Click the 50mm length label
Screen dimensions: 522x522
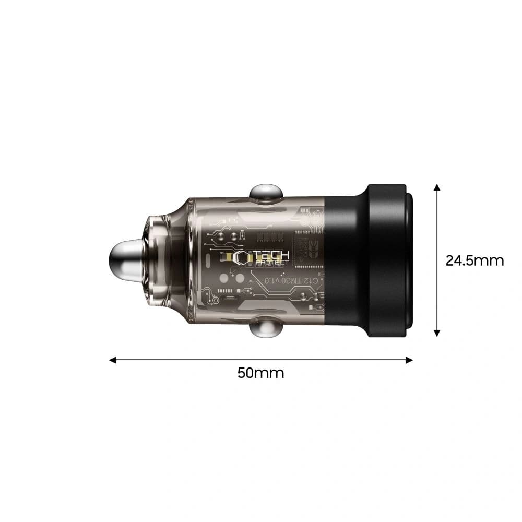[260, 373]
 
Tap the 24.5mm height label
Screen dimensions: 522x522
[474, 260]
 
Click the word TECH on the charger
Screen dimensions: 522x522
[271, 255]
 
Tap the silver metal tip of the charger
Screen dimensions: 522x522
[125, 260]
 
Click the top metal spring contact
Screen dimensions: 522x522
[266, 192]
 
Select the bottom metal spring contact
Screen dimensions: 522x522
[266, 329]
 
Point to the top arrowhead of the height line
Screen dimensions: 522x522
[437, 187]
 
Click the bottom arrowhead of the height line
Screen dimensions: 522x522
[437, 334]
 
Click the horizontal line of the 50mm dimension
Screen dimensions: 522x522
[261, 360]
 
